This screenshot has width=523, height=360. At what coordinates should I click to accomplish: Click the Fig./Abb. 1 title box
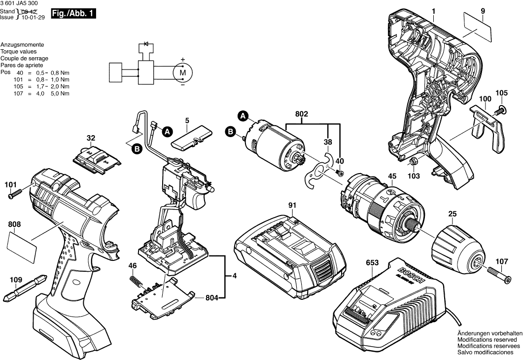73,14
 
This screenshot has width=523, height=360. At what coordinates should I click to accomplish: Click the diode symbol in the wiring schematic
146,44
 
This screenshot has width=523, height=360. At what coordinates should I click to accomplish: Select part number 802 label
302,114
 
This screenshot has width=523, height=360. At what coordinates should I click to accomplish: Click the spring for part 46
135,281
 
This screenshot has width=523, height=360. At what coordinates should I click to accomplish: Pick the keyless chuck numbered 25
456,248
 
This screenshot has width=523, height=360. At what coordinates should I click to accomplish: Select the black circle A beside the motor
243,116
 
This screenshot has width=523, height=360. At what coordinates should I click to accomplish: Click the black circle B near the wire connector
137,149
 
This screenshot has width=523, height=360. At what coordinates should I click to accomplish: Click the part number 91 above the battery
292,205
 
